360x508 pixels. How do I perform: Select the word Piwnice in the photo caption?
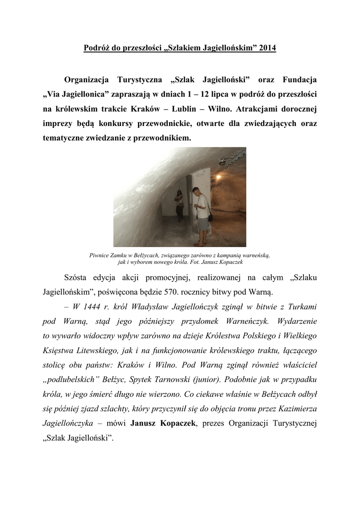(x=99, y=255)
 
